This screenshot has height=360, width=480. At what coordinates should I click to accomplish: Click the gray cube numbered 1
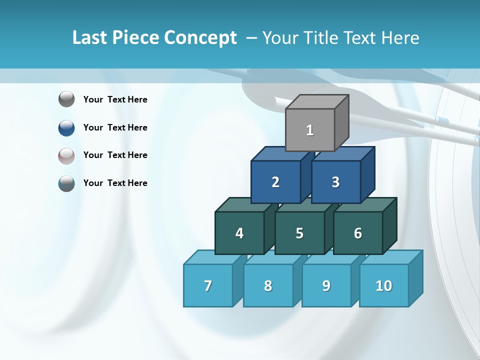click(x=310, y=130)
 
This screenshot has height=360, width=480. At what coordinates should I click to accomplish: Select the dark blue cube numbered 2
click(x=275, y=182)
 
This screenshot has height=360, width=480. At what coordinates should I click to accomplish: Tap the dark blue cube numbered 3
click(x=335, y=182)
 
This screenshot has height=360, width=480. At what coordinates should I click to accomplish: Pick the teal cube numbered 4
click(x=239, y=233)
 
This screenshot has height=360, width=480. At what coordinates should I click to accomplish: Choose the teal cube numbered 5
click(x=299, y=233)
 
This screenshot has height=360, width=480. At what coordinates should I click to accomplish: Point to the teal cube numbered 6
click(x=358, y=233)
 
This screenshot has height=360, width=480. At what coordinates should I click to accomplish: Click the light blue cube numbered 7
click(x=208, y=285)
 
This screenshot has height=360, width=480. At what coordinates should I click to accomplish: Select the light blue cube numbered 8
click(x=268, y=285)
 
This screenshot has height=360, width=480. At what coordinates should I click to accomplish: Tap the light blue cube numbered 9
click(x=326, y=285)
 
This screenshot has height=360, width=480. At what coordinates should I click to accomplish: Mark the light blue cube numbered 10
click(x=384, y=285)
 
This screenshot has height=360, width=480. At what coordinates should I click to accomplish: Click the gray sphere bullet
click(x=66, y=99)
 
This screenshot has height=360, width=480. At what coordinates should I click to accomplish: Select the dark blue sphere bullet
click(x=66, y=127)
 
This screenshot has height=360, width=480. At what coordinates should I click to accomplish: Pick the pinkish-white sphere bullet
click(x=66, y=155)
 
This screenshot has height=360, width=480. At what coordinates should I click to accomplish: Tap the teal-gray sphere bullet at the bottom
click(x=66, y=183)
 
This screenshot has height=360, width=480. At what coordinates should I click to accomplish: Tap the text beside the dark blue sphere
click(x=115, y=127)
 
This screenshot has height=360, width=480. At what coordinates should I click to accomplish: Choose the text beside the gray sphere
click(x=115, y=99)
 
